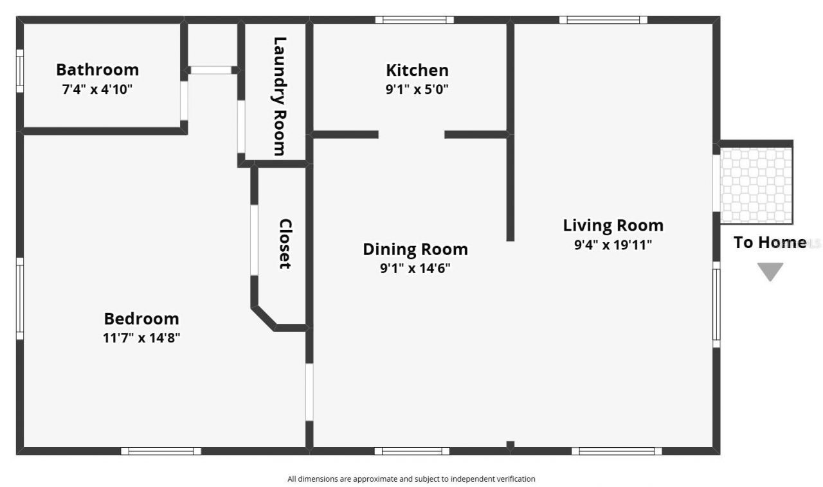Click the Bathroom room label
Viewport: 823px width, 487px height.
pos(97,69)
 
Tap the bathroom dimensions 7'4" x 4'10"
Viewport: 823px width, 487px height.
pos(97,89)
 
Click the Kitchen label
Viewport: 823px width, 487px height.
pos(417,70)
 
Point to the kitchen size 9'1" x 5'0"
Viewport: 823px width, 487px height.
pos(417,89)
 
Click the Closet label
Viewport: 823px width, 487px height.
pos(285,243)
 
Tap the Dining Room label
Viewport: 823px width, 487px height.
pos(415,249)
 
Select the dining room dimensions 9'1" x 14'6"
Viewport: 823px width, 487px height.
pos(415,269)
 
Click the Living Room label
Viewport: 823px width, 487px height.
pos(613,226)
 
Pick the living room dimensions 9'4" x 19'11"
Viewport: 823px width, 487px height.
pos(613,245)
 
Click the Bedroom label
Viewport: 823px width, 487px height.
pos(141,319)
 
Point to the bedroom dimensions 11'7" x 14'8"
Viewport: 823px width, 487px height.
pos(141,338)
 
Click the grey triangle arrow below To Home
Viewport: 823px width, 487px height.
pos(770,271)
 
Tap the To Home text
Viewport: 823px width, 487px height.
pos(770,242)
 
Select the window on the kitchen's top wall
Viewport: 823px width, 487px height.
pos(415,20)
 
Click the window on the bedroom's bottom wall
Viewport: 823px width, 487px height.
pos(161,451)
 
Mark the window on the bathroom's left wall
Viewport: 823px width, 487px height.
pos(20,71)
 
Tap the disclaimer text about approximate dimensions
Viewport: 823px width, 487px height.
pos(411,479)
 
